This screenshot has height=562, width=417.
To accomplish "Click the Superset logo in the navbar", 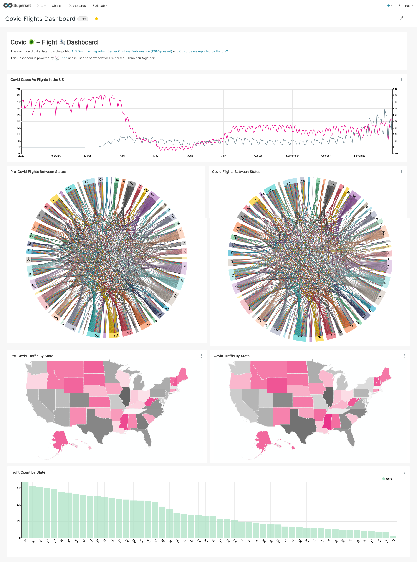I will (17, 6).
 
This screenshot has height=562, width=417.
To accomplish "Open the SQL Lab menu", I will (99, 6).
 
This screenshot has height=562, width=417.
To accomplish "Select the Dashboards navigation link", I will (77, 6).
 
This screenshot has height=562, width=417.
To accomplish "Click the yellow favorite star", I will (96, 19).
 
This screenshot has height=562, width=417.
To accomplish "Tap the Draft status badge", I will (83, 19).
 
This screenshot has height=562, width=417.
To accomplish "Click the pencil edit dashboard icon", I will (401, 18).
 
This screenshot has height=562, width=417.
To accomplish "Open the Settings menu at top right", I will (405, 6).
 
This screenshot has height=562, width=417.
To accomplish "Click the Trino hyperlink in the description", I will (63, 58).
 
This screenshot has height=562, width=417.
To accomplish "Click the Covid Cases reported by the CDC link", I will (204, 51).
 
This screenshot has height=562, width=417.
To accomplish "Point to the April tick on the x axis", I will (122, 156).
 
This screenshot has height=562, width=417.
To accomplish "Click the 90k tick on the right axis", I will (395, 89).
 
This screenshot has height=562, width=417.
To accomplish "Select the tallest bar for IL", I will (25, 510).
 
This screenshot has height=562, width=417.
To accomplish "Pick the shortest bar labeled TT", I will (393, 537).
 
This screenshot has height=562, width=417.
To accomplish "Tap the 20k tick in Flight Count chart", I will (18, 505).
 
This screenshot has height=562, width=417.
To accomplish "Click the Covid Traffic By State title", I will (232, 356).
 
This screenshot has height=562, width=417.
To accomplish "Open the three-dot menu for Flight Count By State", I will (405, 472).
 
